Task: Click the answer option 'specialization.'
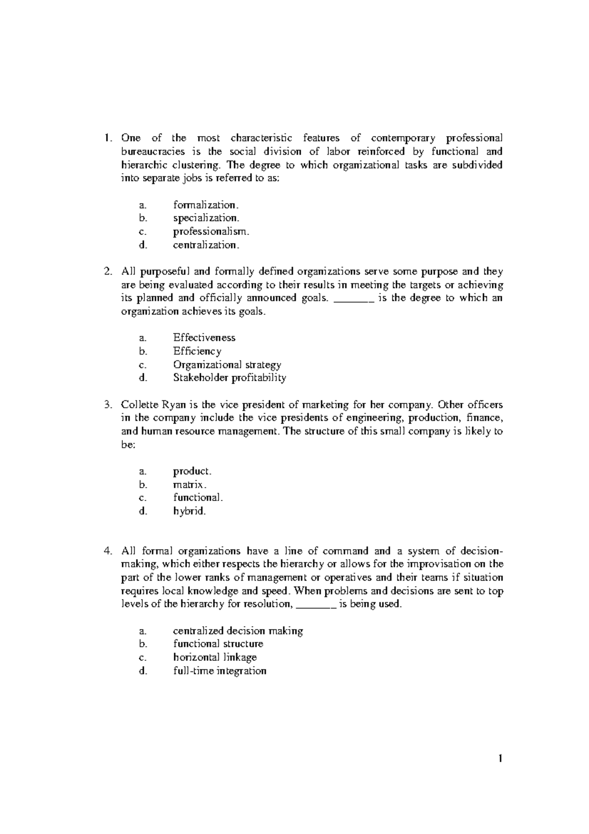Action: (x=206, y=218)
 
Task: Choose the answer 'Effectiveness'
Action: (x=204, y=337)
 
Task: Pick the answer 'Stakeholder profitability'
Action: (x=229, y=378)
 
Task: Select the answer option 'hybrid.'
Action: (x=189, y=511)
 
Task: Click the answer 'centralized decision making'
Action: (x=238, y=631)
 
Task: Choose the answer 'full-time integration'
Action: (x=219, y=671)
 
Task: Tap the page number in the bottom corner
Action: (x=500, y=773)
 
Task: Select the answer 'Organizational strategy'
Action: (x=227, y=364)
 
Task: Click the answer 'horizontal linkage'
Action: (x=214, y=657)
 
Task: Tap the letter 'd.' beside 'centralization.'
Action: (x=143, y=245)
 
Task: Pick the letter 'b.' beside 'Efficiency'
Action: (x=143, y=351)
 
